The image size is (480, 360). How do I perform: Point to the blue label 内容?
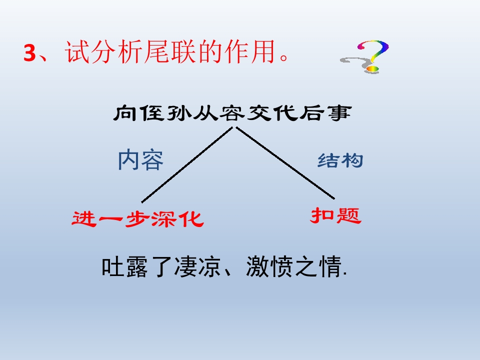tap(140, 160)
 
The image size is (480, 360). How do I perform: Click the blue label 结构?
tap(340, 161)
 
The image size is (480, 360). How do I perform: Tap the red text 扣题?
tap(335, 216)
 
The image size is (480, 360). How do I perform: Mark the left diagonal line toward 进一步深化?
tap(187, 164)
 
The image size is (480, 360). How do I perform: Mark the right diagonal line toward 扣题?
tap(285, 163)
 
